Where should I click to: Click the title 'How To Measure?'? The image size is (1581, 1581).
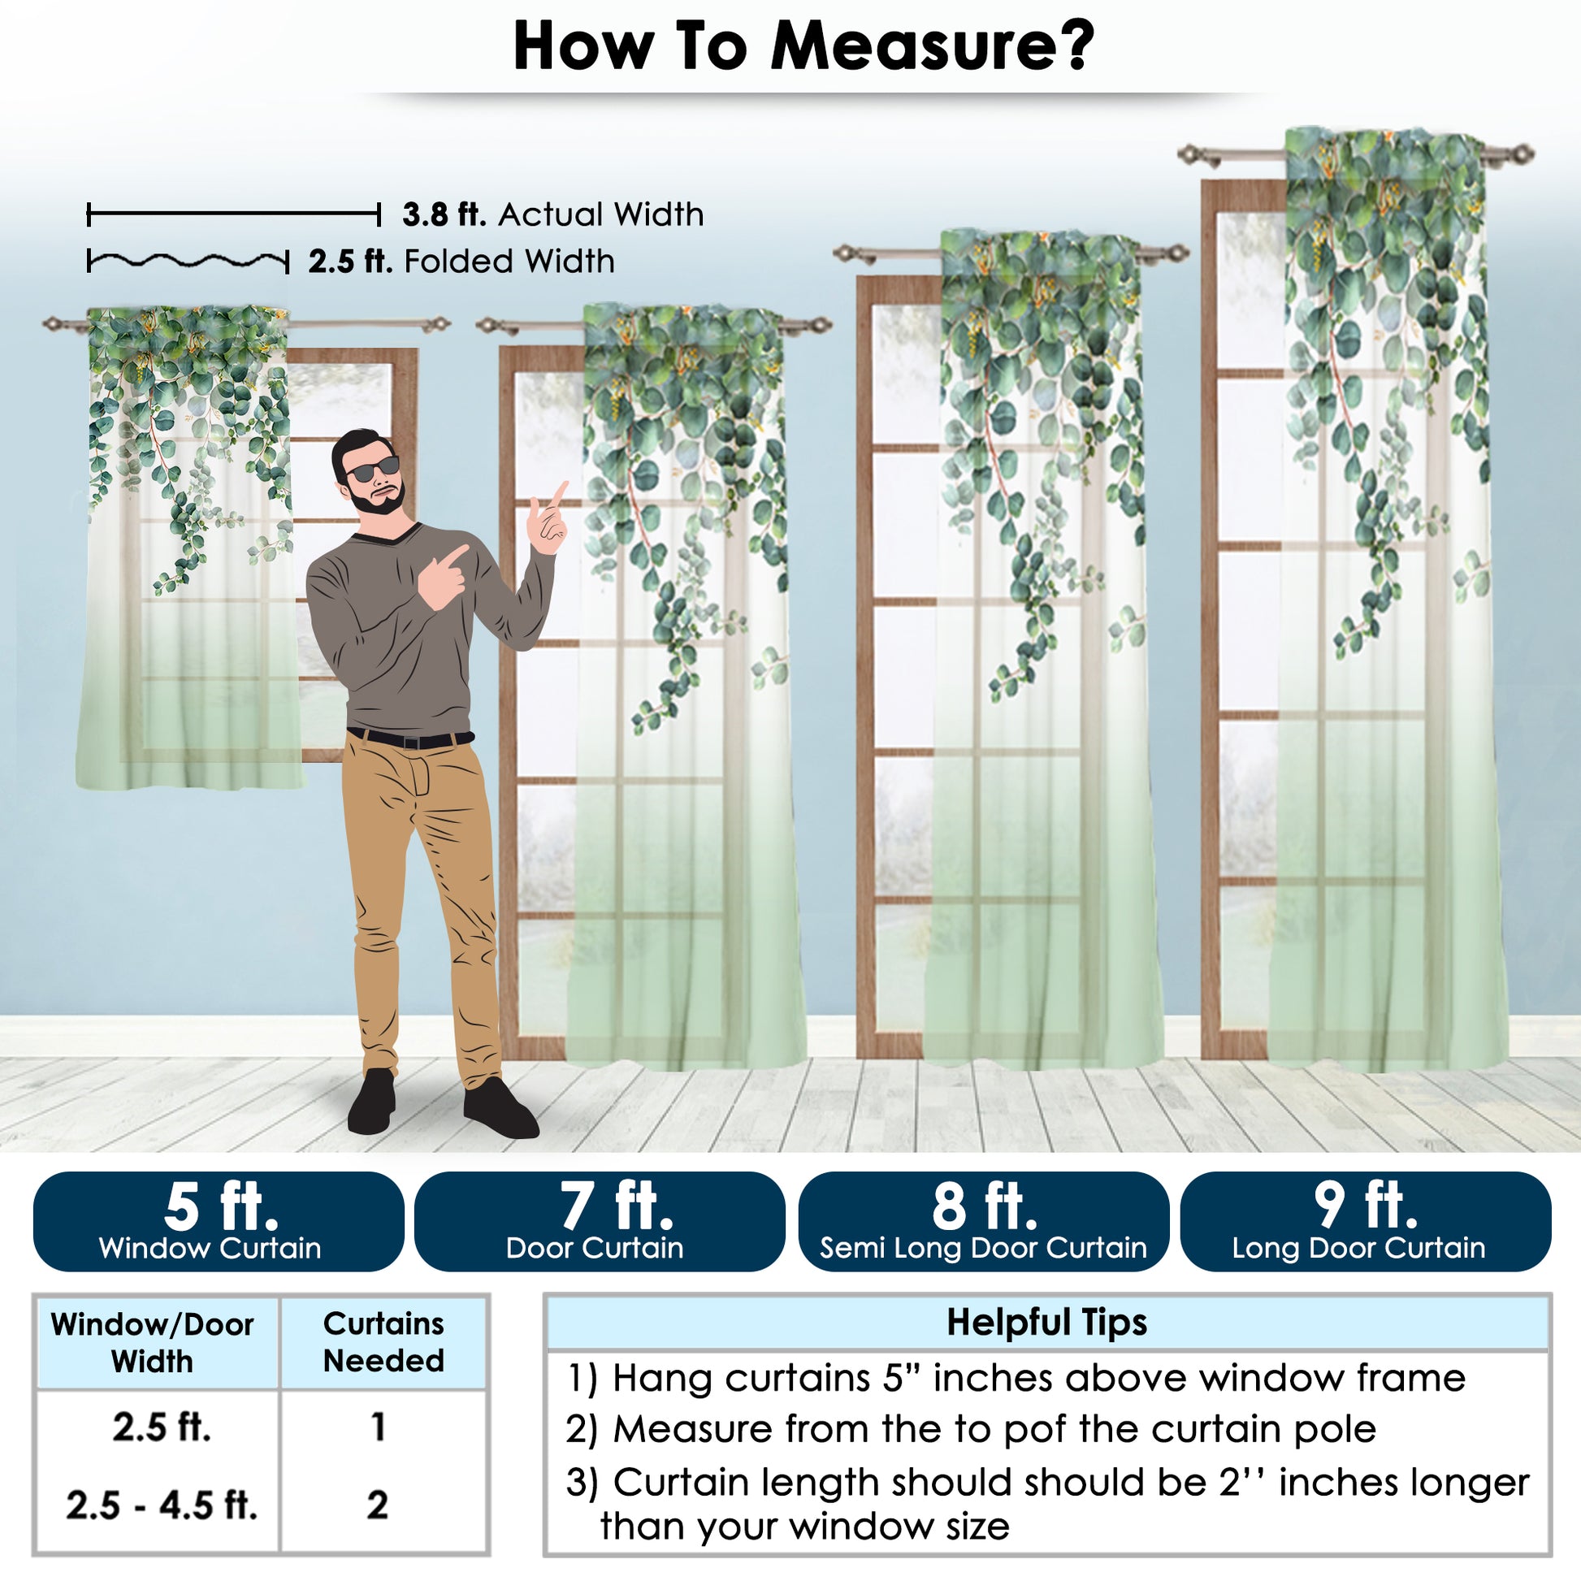[803, 46]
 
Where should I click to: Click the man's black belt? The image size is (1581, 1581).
[410, 739]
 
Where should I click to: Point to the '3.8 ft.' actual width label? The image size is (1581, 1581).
[444, 214]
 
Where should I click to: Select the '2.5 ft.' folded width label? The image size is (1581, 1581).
[350, 262]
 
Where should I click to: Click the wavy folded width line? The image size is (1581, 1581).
[188, 262]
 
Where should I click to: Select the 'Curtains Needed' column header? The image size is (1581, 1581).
[383, 1342]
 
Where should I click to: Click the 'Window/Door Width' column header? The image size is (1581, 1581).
[153, 1343]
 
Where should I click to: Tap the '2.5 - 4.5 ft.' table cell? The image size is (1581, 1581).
[161, 1505]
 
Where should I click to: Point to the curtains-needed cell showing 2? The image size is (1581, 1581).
[377, 1505]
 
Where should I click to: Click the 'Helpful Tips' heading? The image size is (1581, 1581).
[1046, 1322]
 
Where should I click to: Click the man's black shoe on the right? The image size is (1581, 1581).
[500, 1109]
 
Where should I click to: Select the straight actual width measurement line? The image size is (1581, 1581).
[234, 215]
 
